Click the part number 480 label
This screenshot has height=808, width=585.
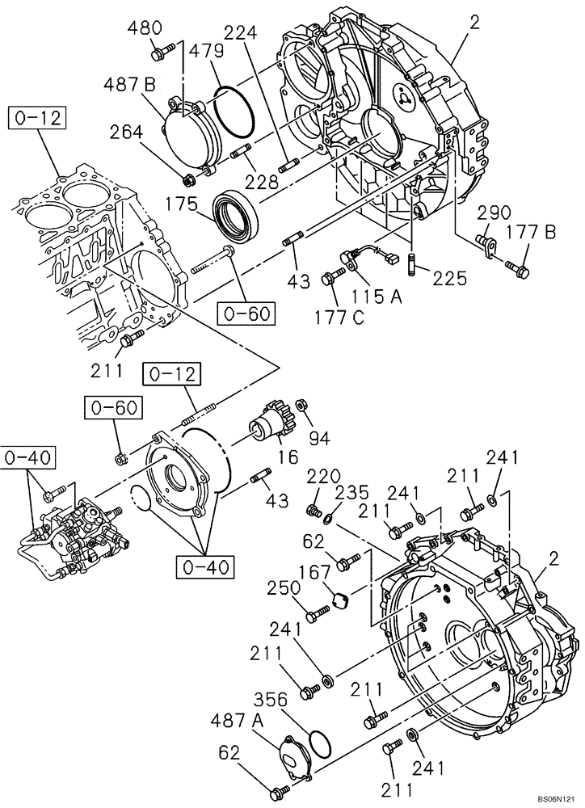pyautogui.click(x=145, y=29)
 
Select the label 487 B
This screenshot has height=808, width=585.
pyautogui.click(x=128, y=85)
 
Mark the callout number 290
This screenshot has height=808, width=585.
pyautogui.click(x=493, y=213)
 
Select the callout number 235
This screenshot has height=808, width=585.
pyautogui.click(x=351, y=492)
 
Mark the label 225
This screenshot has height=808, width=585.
pyautogui.click(x=449, y=279)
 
